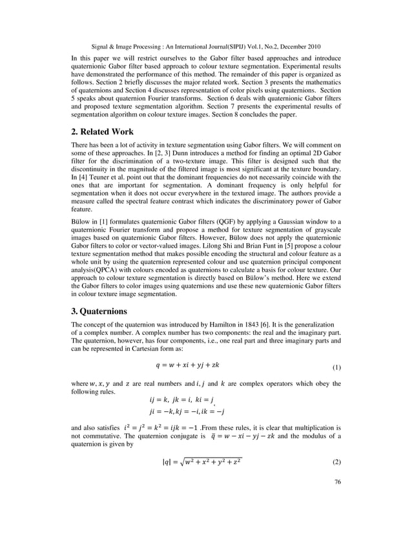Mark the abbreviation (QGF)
point(209,221)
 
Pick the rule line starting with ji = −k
point(187,411)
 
